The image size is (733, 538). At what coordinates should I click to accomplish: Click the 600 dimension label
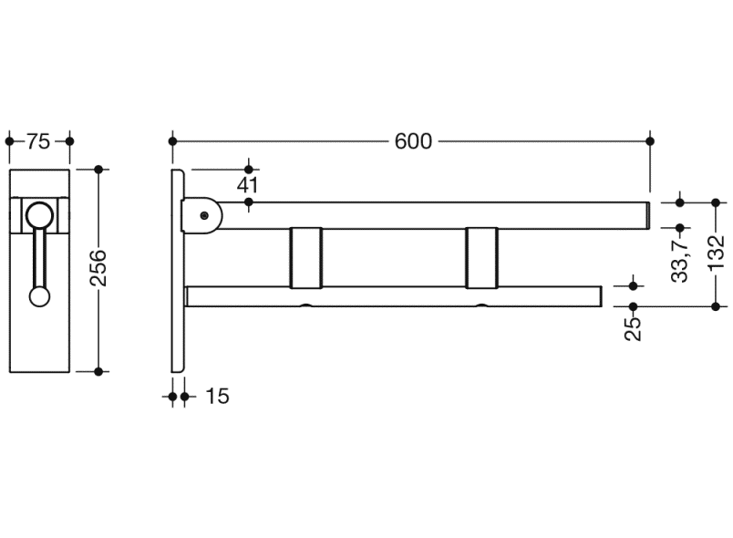(x=413, y=141)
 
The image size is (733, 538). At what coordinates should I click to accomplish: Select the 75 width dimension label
(x=38, y=141)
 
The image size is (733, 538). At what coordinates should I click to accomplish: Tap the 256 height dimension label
(x=98, y=268)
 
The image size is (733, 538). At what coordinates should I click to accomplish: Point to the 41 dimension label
(x=247, y=186)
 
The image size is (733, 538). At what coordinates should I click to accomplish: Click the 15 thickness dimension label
(x=217, y=397)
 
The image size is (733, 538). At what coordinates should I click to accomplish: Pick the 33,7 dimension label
(x=680, y=258)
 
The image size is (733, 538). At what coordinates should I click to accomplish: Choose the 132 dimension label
(x=717, y=253)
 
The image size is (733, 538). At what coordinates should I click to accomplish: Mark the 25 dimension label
(x=634, y=328)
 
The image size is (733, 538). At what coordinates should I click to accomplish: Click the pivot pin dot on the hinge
(x=204, y=215)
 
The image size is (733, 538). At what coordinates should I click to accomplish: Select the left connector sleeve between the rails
(x=306, y=257)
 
